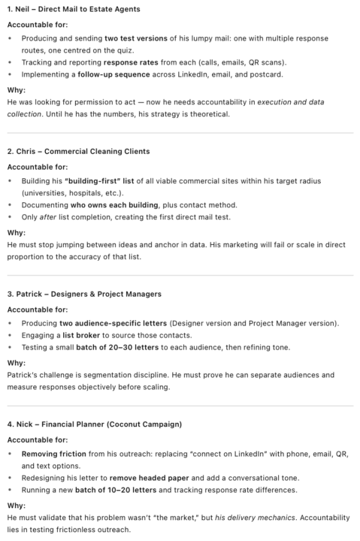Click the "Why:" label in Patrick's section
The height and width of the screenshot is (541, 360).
(x=16, y=362)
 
